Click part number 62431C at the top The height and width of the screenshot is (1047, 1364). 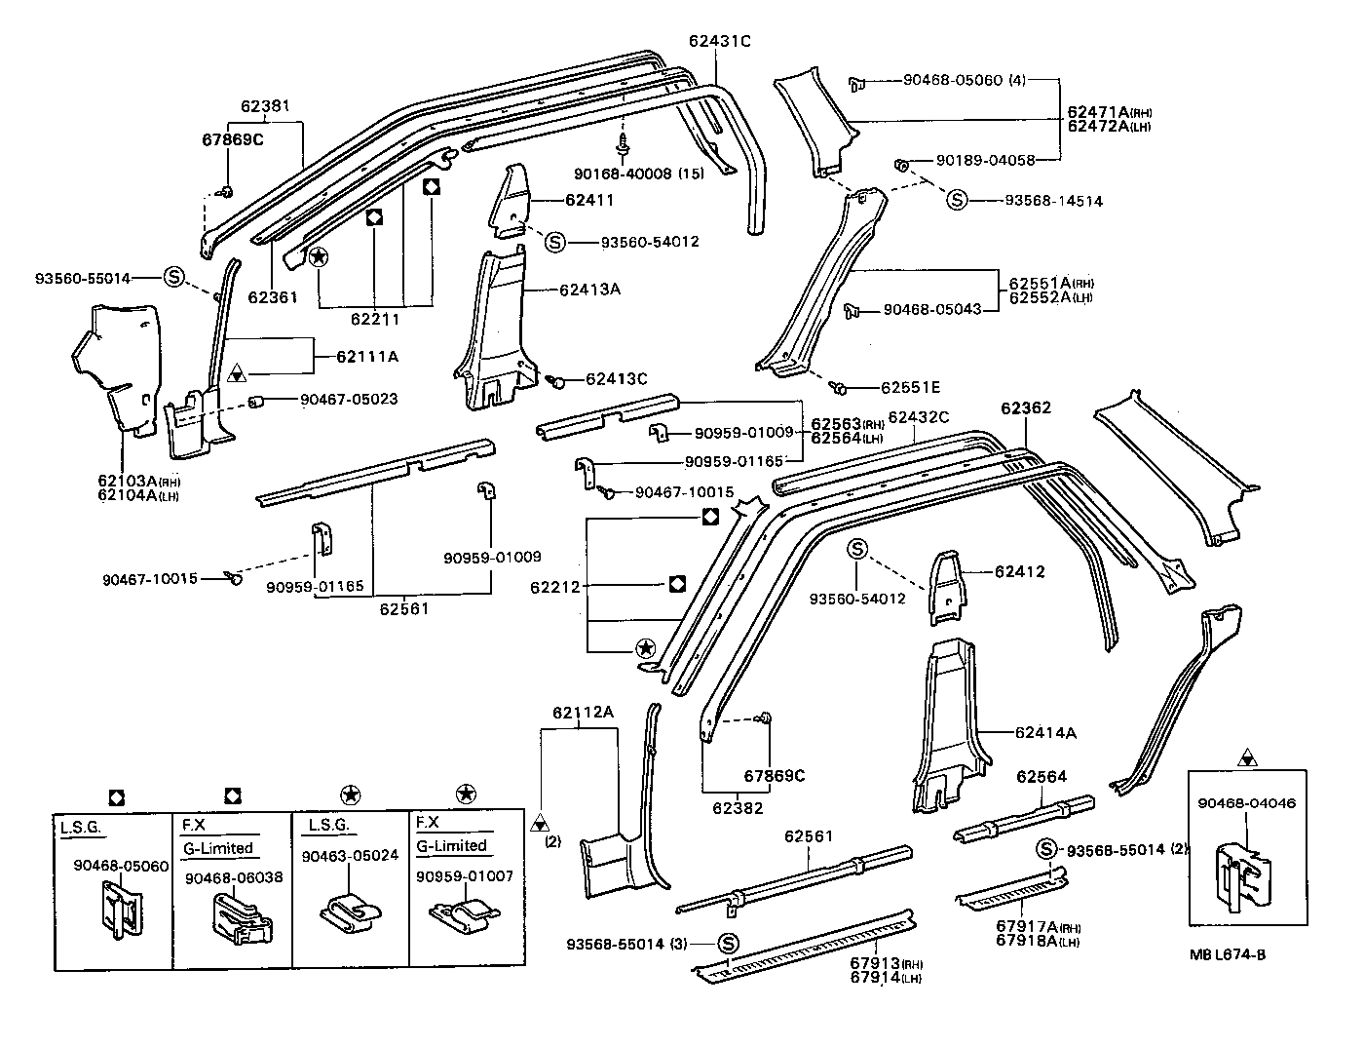coord(719,41)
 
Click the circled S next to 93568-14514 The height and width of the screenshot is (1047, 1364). coord(957,200)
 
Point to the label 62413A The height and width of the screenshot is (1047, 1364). coord(590,290)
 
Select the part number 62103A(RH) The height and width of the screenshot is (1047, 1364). coord(139,481)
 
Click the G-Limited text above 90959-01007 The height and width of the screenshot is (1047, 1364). coord(451,845)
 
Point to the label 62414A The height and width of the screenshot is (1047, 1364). coord(1044,732)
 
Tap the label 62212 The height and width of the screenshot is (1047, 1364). coord(555,587)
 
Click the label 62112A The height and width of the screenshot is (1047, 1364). coord(583,712)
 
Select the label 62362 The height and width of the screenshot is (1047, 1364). coord(1025,408)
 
